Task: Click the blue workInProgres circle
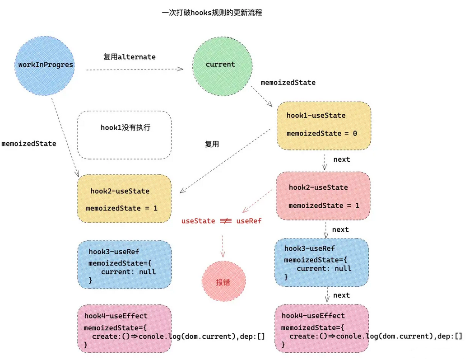[45, 65]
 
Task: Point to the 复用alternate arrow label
[129, 57]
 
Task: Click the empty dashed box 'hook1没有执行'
[125, 135]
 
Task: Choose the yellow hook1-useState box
[324, 125]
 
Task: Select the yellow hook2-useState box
[124, 199]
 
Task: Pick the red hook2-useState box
[324, 196]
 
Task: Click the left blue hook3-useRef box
[124, 264]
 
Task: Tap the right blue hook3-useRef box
[321, 262]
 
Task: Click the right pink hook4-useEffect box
[321, 328]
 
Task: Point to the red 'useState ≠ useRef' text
[221, 221]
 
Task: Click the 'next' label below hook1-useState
[341, 159]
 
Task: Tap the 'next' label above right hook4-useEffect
[341, 295]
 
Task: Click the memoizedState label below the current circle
[288, 83]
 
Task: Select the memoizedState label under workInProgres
[29, 144]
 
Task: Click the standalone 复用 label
[212, 145]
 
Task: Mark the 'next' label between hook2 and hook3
[340, 229]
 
